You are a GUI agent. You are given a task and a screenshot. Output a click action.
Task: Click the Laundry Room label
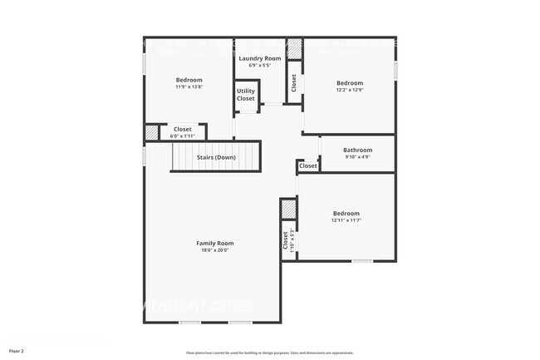pyautogui.click(x=260, y=58)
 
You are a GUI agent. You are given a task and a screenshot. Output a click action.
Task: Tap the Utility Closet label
pyautogui.click(x=246, y=95)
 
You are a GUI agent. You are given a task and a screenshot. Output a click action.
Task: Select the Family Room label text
pyautogui.click(x=214, y=243)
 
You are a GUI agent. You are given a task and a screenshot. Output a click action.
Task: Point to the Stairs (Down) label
pyautogui.click(x=216, y=157)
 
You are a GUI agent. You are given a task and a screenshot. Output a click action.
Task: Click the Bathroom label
pyautogui.click(x=357, y=150)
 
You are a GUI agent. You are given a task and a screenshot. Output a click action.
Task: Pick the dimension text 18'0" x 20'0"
pyautogui.click(x=214, y=250)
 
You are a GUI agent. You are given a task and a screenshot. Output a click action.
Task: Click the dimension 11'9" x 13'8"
pyautogui.click(x=189, y=86)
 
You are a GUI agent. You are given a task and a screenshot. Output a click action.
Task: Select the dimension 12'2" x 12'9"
pyautogui.click(x=349, y=90)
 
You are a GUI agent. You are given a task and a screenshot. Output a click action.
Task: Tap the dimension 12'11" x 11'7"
pyautogui.click(x=346, y=220)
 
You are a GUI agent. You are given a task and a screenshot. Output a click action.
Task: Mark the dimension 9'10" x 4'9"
pyautogui.click(x=357, y=157)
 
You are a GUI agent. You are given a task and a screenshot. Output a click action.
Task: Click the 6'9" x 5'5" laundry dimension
pyautogui.click(x=260, y=66)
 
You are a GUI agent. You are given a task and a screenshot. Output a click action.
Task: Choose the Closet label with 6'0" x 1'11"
pyautogui.click(x=182, y=129)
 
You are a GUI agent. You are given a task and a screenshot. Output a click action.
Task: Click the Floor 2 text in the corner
pyautogui.click(x=17, y=351)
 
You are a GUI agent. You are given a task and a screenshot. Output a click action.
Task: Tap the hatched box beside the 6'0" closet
pyautogui.click(x=152, y=131)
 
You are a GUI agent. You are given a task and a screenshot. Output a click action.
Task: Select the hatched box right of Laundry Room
pyautogui.click(x=294, y=47)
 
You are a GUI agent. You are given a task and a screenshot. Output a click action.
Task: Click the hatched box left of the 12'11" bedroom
pyautogui.click(x=288, y=208)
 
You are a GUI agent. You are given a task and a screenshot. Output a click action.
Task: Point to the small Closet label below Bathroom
pyautogui.click(x=308, y=165)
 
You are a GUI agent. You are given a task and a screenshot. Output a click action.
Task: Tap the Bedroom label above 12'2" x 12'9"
pyautogui.click(x=349, y=82)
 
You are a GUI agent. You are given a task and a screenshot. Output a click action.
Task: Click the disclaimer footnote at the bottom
pyautogui.click(x=270, y=352)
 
